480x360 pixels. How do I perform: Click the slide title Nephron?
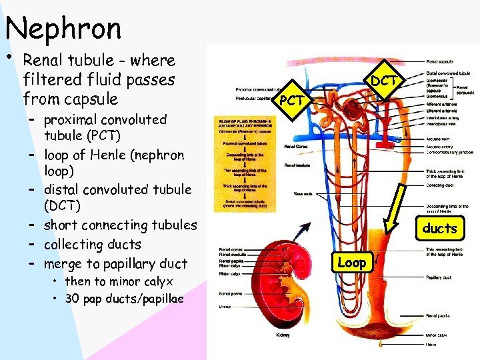pos(63,29)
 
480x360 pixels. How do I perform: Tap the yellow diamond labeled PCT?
pos(292,101)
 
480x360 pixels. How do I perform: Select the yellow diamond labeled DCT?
pos(385,80)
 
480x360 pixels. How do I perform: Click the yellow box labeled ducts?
pos(439,228)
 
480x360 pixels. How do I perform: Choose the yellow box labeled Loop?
pos(351,262)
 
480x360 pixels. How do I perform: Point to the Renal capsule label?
pos(441,61)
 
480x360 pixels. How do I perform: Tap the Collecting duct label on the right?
pos(440,185)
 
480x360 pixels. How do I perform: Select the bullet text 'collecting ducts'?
pos(92,244)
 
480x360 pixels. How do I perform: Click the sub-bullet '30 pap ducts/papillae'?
pos(119,297)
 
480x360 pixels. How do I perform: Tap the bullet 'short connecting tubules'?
pos(120,225)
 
